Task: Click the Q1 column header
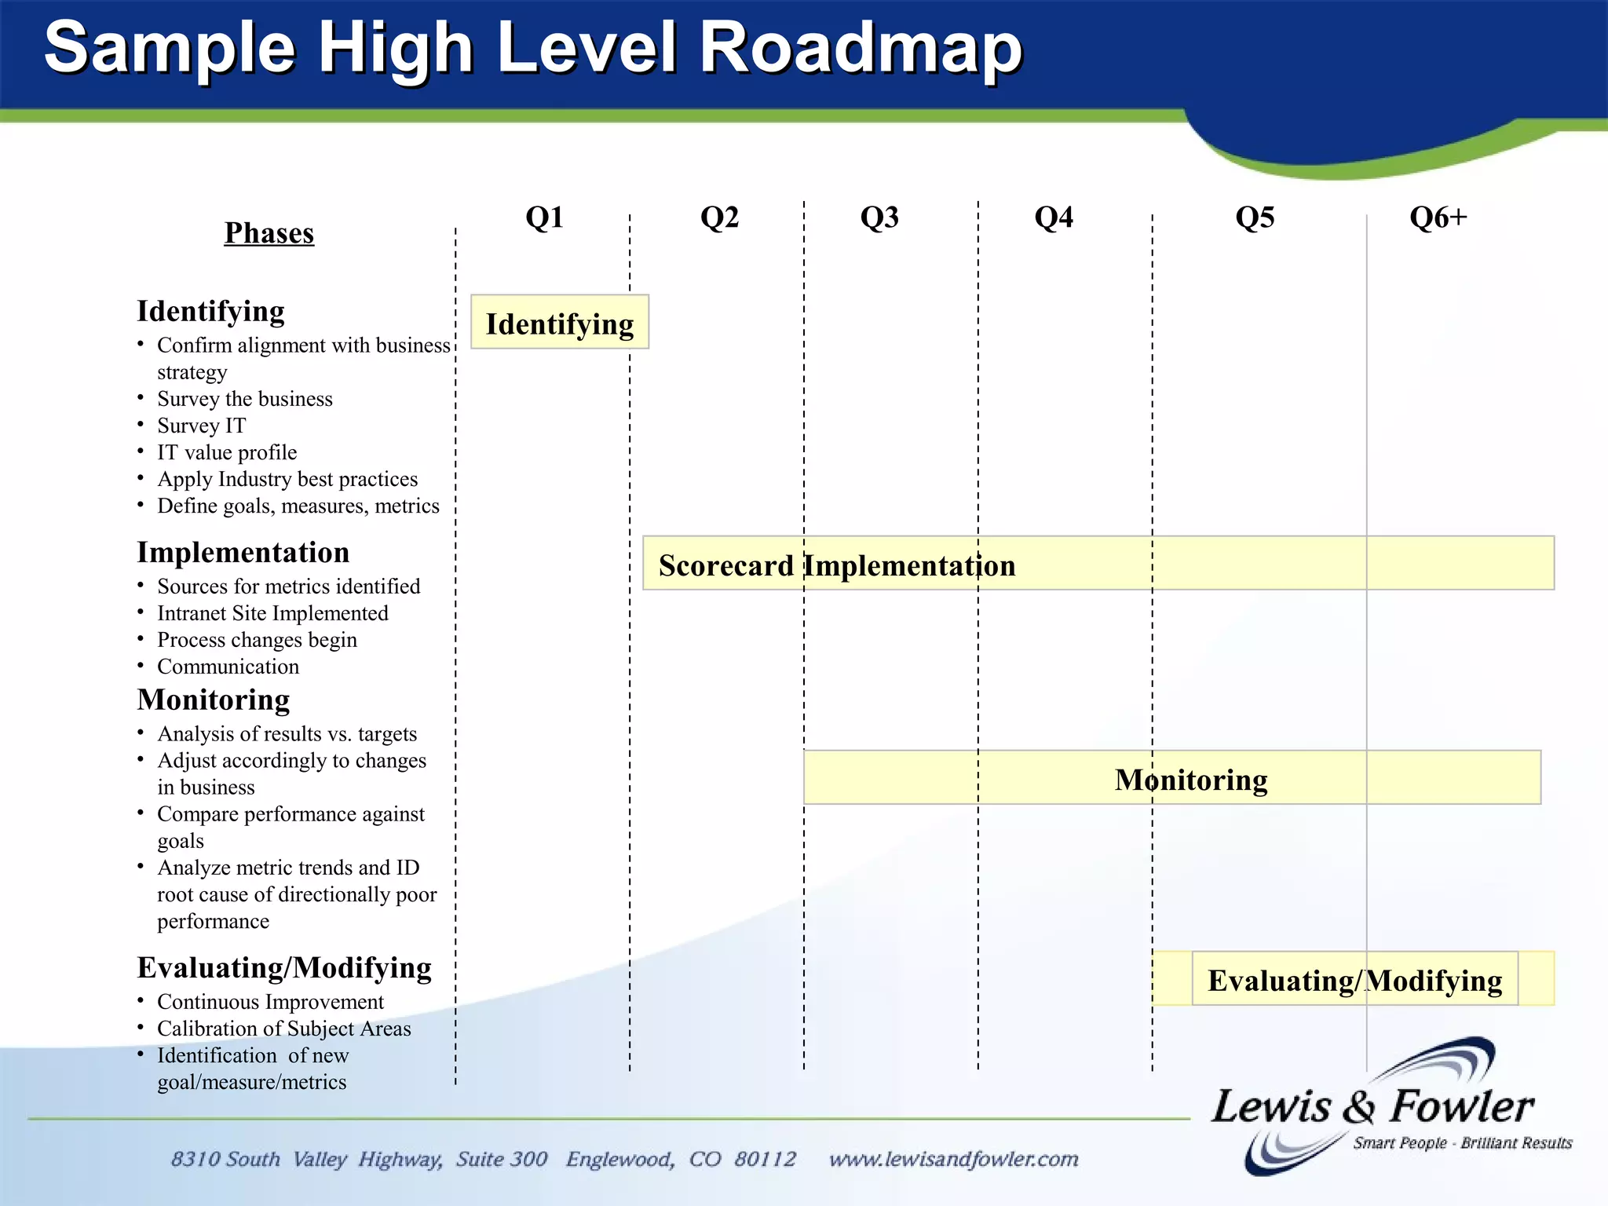pos(544,217)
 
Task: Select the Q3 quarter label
pos(879,217)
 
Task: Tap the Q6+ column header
pos(1438,217)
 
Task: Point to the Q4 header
pos(1053,217)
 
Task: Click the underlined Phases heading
pos(269,233)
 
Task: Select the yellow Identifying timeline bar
pos(559,323)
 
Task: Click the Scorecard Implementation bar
pos(1098,563)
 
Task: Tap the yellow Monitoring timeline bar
pos(1171,777)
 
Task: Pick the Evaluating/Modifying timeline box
pos(1354,979)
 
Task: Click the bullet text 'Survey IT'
pos(201,426)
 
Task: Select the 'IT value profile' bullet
pos(227,452)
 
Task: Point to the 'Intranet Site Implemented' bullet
pos(272,613)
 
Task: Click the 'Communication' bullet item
pos(228,667)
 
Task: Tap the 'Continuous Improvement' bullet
pos(270,1002)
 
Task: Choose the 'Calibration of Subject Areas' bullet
pos(283,1029)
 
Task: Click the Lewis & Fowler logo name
pos(1372,1106)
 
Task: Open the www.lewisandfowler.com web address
pos(953,1159)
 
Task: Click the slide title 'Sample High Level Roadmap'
pos(533,49)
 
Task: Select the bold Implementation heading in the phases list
pos(243,553)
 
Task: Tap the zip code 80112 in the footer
pos(765,1159)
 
